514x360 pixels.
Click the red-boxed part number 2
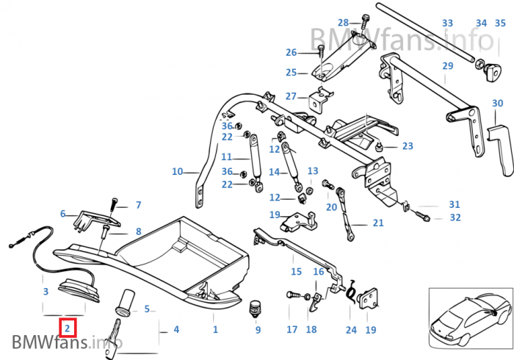coord(67,328)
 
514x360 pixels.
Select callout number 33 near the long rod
coord(447,24)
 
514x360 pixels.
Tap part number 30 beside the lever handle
coord(497,103)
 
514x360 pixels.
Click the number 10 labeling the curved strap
coord(177,172)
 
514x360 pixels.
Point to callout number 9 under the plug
coord(258,330)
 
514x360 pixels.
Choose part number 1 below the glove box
coord(215,330)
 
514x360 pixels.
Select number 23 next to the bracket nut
coord(408,146)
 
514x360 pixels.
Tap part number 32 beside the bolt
coord(455,217)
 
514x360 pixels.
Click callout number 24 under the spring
coord(351,330)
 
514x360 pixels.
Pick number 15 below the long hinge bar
coord(296,272)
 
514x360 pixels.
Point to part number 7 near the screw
coord(137,205)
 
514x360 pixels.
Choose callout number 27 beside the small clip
coord(291,96)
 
